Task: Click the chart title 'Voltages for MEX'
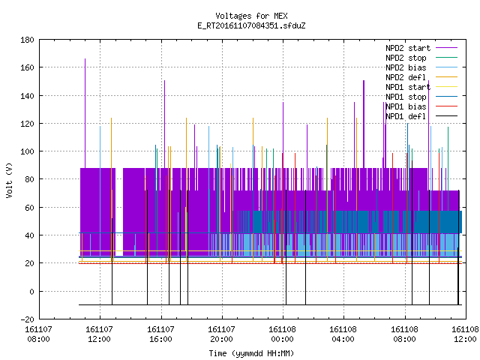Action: (251, 16)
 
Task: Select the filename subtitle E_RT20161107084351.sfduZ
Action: (251, 25)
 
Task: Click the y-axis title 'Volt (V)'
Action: (9, 180)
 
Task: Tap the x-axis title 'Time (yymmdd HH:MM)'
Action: (251, 353)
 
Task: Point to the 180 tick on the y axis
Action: (27, 40)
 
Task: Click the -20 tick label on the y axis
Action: (27, 319)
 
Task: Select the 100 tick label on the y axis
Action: (27, 151)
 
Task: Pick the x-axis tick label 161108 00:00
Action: (282, 334)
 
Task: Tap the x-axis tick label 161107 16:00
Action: (160, 334)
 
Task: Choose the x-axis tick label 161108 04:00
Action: (343, 334)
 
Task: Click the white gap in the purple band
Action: (119, 211)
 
